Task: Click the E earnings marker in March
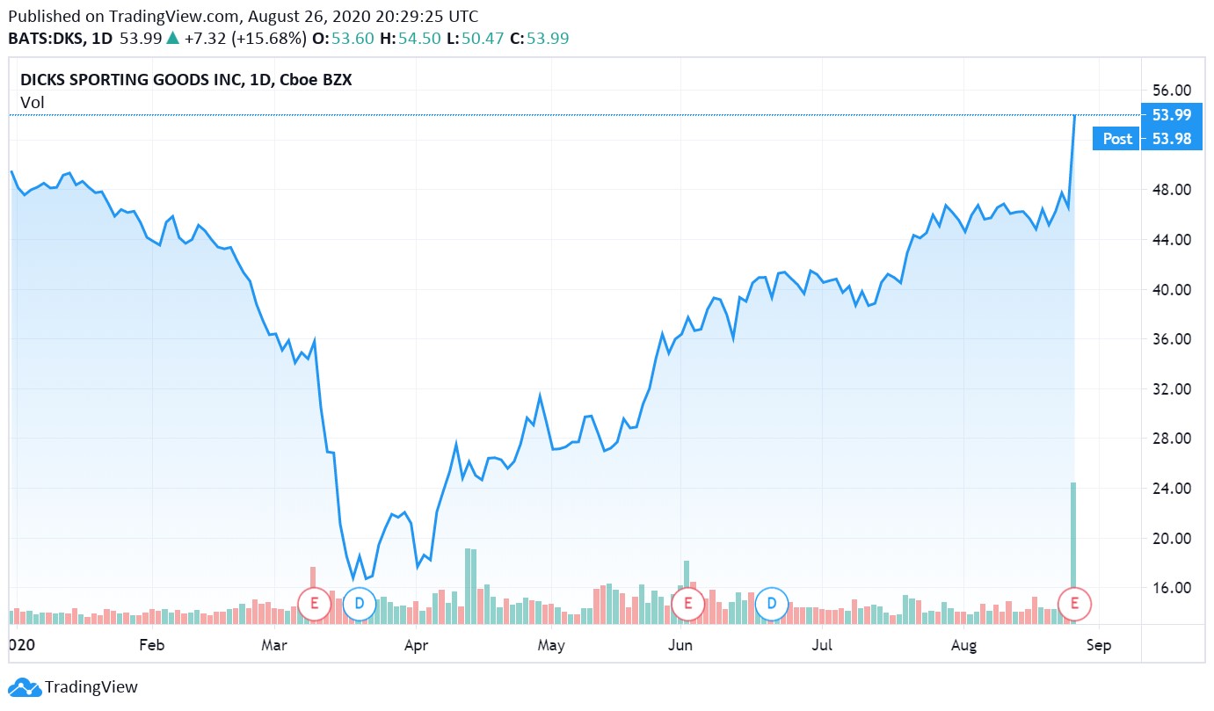click(314, 604)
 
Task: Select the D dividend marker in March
click(359, 604)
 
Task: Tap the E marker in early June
click(688, 604)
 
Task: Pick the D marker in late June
click(772, 604)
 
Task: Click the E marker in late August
click(1073, 604)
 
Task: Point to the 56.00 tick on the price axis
click(1170, 91)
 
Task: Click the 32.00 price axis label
click(1170, 388)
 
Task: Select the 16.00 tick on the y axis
click(1170, 588)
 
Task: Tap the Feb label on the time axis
click(152, 645)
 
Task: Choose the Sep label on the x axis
click(1099, 645)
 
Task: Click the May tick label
click(551, 645)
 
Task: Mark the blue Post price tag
click(1117, 139)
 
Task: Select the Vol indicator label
click(33, 103)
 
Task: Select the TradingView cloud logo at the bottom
click(25, 687)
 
